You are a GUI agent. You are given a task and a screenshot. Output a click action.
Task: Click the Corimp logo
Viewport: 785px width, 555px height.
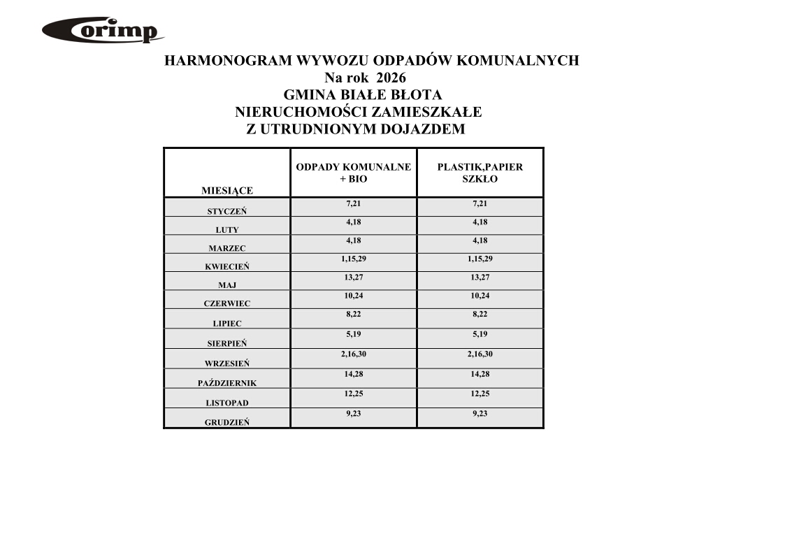coord(103,31)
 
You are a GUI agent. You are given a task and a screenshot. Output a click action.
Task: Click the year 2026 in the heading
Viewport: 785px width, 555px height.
coord(391,78)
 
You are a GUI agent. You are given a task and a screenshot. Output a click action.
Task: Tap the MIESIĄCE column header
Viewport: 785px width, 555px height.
coord(226,190)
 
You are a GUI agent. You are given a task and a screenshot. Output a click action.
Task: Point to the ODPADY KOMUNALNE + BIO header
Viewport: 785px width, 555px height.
coord(353,173)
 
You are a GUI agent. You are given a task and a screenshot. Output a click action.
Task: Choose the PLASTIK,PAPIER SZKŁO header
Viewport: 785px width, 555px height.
coord(480,173)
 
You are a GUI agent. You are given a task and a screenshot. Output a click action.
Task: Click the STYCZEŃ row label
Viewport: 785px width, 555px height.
coord(226,211)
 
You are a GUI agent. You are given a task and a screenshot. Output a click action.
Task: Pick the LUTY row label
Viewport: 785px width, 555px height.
coord(226,230)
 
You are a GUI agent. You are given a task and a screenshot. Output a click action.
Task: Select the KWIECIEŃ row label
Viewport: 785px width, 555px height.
coord(226,266)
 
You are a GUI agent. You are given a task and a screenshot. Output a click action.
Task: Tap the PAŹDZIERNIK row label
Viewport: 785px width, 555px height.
coord(226,383)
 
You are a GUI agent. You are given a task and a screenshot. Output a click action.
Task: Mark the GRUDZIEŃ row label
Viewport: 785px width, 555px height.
coord(226,422)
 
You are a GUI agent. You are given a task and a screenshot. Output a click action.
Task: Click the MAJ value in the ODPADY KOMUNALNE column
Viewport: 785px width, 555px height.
coord(353,277)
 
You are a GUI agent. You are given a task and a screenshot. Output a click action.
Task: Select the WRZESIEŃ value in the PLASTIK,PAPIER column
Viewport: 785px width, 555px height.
coord(480,354)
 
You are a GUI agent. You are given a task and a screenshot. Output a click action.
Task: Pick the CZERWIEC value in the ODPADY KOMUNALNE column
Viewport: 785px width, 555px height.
coord(353,296)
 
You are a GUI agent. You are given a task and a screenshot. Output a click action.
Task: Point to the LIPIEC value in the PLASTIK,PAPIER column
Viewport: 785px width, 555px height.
coord(480,315)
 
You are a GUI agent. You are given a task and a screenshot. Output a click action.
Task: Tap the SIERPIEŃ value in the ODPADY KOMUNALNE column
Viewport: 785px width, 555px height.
coord(353,335)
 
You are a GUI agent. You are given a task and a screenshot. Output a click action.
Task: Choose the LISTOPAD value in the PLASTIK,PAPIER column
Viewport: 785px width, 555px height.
coord(480,394)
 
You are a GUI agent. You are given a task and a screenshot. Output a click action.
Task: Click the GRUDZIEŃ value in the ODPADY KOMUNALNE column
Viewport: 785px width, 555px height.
coord(353,413)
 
